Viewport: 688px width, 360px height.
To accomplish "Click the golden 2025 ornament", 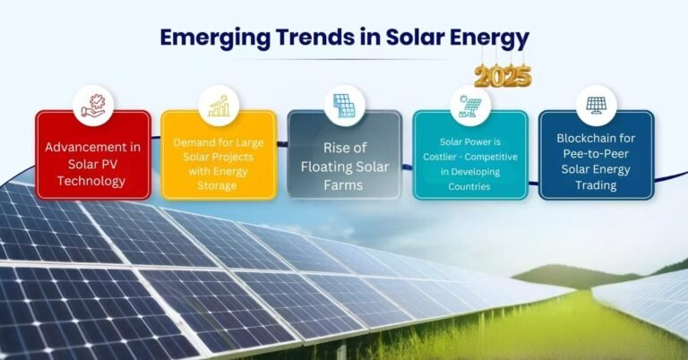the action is click(503, 76).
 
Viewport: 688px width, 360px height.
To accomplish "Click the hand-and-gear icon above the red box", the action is click(93, 106).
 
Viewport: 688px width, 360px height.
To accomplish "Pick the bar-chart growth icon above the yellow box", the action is click(219, 106).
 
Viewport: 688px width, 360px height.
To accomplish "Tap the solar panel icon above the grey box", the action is click(344, 106).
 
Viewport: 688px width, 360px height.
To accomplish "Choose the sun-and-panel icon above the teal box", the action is click(470, 106).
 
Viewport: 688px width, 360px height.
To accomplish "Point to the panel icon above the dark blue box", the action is click(596, 106).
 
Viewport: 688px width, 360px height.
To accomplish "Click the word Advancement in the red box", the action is click(93, 147).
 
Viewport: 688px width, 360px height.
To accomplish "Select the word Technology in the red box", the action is click(91, 181).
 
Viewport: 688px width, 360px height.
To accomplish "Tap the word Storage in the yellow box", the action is click(217, 185).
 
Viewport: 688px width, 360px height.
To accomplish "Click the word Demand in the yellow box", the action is click(193, 142).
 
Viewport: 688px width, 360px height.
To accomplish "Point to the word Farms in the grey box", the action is click(344, 185).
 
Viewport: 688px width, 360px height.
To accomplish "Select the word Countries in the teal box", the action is click(469, 187).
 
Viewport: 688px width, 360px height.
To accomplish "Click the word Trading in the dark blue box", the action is click(596, 185).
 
